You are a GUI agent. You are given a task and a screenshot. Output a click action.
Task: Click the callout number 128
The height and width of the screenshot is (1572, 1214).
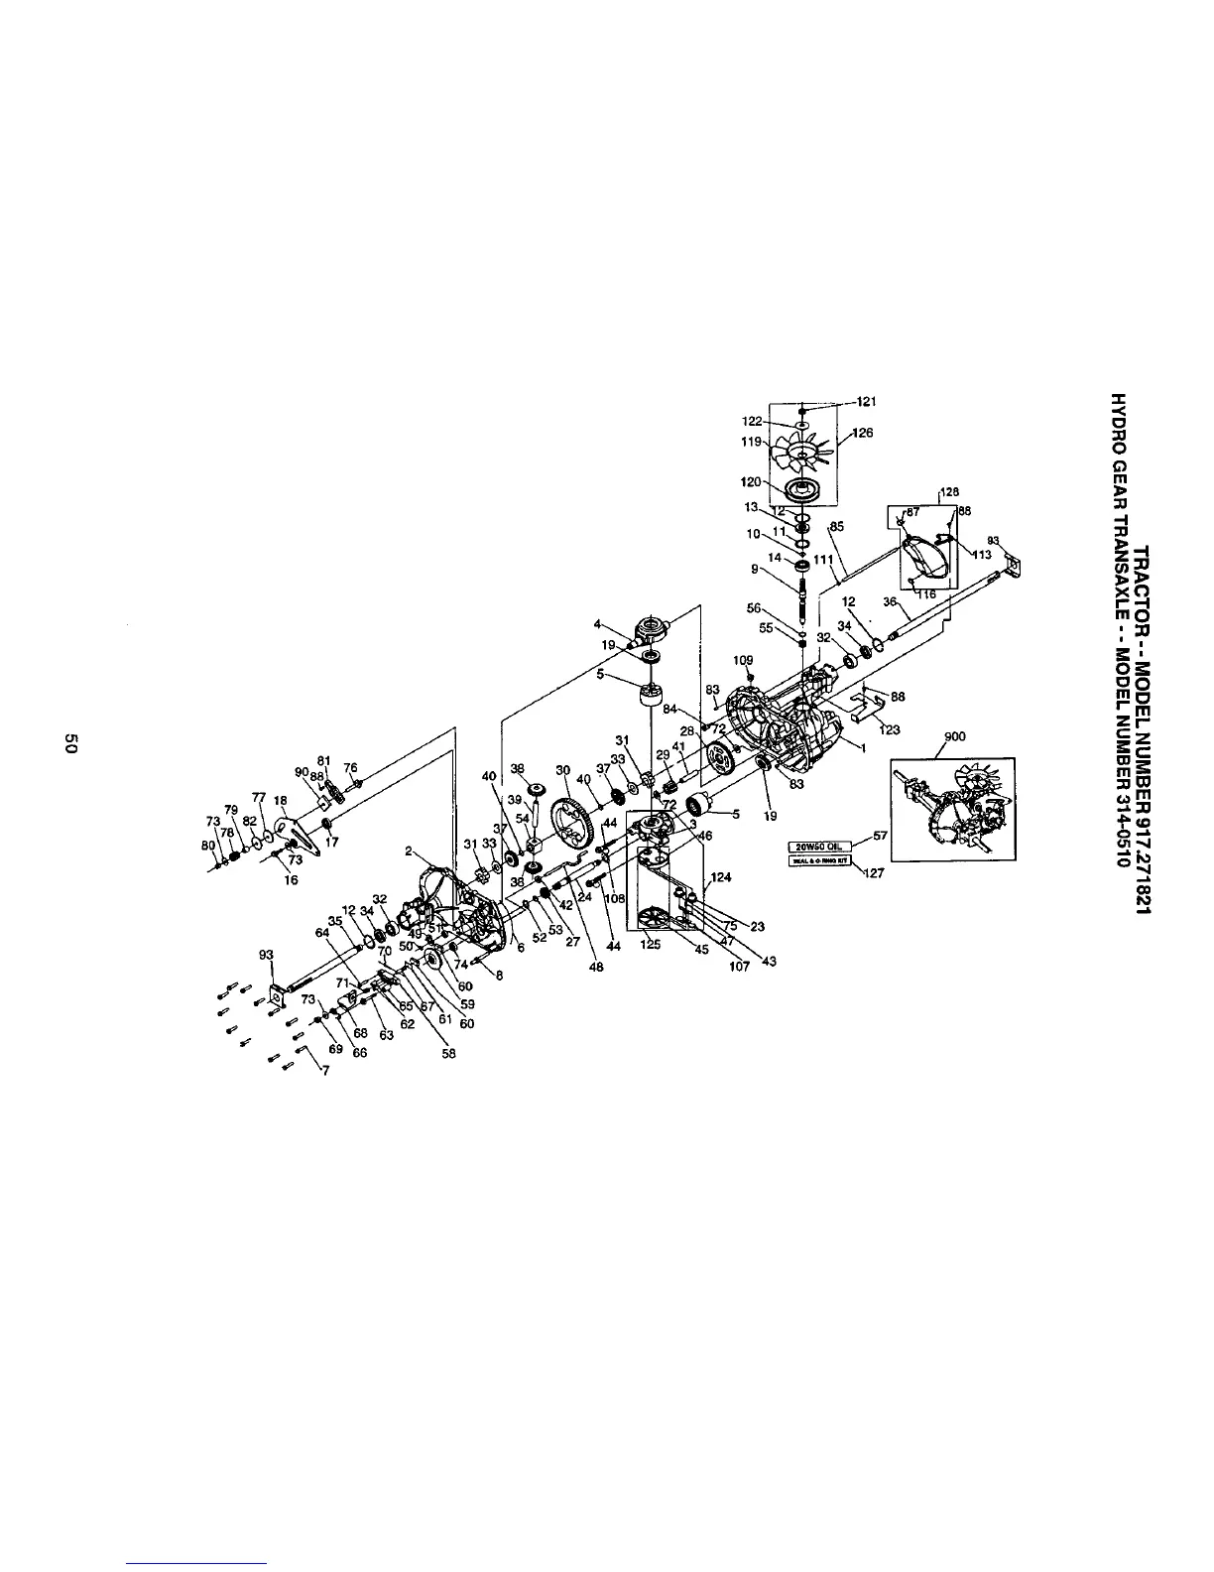pos(949,491)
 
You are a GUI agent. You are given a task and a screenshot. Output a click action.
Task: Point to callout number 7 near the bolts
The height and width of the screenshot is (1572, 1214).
pos(324,1070)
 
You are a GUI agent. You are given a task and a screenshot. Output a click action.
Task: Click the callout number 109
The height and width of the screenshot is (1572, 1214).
pos(744,660)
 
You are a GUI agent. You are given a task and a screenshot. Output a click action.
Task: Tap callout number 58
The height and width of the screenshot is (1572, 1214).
pos(448,1054)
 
